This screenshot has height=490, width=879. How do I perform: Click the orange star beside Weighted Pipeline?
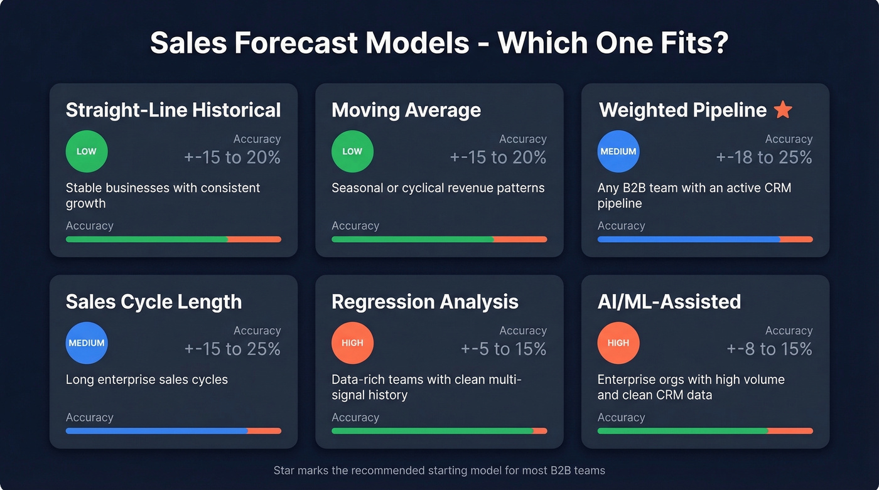tap(783, 110)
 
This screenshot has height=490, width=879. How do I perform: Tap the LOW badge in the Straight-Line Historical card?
tap(87, 151)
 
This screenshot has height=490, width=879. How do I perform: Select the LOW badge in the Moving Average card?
tap(352, 151)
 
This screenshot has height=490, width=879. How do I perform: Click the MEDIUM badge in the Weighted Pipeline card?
tap(618, 151)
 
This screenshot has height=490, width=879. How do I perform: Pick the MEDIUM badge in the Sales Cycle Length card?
tap(87, 343)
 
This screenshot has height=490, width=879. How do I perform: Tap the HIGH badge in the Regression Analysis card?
tap(352, 343)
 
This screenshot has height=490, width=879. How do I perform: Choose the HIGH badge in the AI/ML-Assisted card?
tap(618, 343)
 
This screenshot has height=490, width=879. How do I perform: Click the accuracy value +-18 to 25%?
tap(764, 157)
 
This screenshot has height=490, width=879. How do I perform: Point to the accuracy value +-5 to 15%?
tap(504, 349)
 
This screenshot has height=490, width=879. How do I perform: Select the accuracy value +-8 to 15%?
tap(769, 349)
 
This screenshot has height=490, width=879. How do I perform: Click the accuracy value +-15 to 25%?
tap(232, 349)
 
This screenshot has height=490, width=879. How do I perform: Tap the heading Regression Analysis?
tap(425, 302)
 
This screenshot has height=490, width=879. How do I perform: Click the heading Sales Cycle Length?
tap(154, 302)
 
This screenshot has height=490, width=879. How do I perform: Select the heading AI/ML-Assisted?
tap(669, 302)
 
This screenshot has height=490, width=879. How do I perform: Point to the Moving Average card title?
tap(406, 110)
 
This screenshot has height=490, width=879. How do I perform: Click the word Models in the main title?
tap(416, 43)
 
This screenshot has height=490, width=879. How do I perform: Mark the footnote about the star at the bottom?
tap(439, 471)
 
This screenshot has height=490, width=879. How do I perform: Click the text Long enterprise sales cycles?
tap(147, 380)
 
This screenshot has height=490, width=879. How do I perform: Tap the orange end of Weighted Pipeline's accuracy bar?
tap(796, 239)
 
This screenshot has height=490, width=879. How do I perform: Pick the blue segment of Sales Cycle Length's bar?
tap(156, 431)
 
